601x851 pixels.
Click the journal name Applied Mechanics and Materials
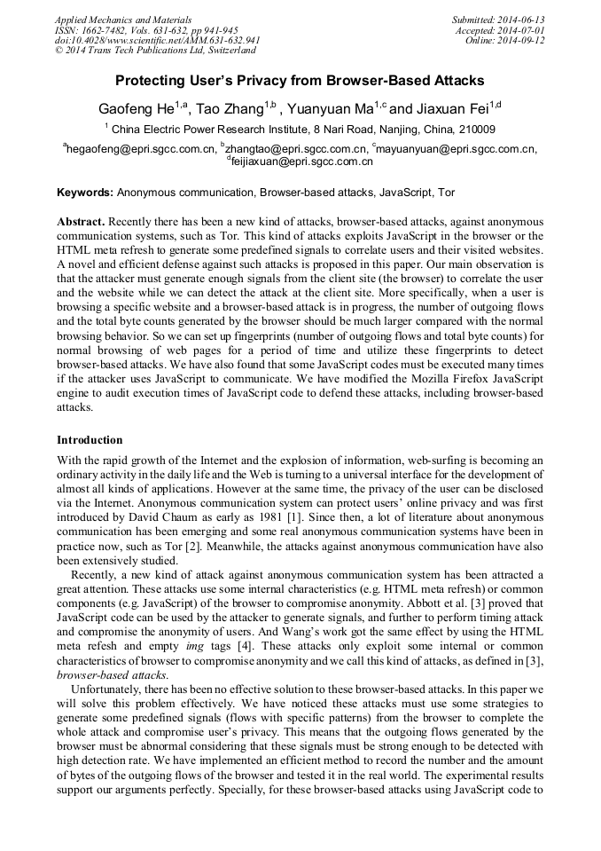pyautogui.click(x=122, y=19)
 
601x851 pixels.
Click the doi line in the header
pyautogui.click(x=158, y=40)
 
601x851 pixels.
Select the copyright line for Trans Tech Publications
pyautogui.click(x=155, y=51)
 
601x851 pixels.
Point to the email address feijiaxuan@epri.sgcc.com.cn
pyautogui.click(x=302, y=162)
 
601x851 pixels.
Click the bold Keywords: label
pyautogui.click(x=85, y=192)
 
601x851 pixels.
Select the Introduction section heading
pyautogui.click(x=90, y=440)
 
